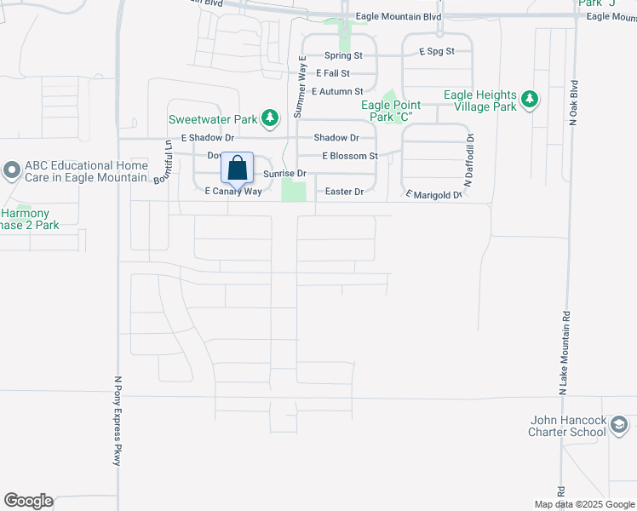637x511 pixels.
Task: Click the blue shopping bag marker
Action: coord(238,168)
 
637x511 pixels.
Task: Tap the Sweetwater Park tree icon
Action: coord(270,117)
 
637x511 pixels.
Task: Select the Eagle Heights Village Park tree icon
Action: coord(530,100)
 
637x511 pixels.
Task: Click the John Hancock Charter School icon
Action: coord(620,424)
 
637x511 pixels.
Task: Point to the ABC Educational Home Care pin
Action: coord(11,170)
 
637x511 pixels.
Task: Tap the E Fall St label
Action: coord(332,74)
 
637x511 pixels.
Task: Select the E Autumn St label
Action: coord(337,91)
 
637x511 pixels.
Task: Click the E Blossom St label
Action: coord(349,157)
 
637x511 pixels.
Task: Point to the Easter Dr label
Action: coord(345,192)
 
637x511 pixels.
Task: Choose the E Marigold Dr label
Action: coord(433,195)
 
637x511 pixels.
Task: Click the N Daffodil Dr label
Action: coord(468,161)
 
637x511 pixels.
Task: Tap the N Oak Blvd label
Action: coord(574,104)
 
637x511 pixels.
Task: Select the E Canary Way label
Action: coord(232,192)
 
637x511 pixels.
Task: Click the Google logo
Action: coord(28,501)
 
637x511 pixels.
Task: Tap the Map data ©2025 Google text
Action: coord(585,504)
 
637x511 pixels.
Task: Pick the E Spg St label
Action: coord(437,52)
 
